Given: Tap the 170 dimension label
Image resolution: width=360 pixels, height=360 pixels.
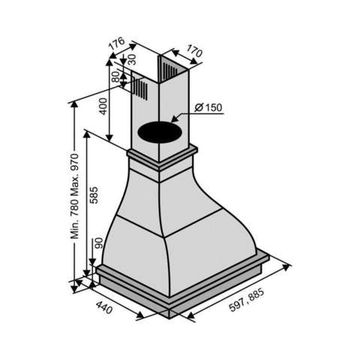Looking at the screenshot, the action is tap(195, 52).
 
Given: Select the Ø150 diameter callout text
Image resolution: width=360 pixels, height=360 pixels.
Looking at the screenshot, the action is tap(209, 108).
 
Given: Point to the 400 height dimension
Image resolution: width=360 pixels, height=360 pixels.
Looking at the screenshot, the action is tap(104, 106).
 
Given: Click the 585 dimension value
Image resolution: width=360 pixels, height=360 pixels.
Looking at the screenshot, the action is tap(94, 195).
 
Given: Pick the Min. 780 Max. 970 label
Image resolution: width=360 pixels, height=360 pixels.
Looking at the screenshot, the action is tap(75, 196).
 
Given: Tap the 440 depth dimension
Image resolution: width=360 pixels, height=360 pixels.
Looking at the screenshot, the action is tap(104, 307).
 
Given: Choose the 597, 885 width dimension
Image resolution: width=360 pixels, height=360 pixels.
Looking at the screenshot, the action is tap(247, 300).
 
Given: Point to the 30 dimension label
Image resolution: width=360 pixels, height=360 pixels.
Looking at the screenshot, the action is tap(132, 59).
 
